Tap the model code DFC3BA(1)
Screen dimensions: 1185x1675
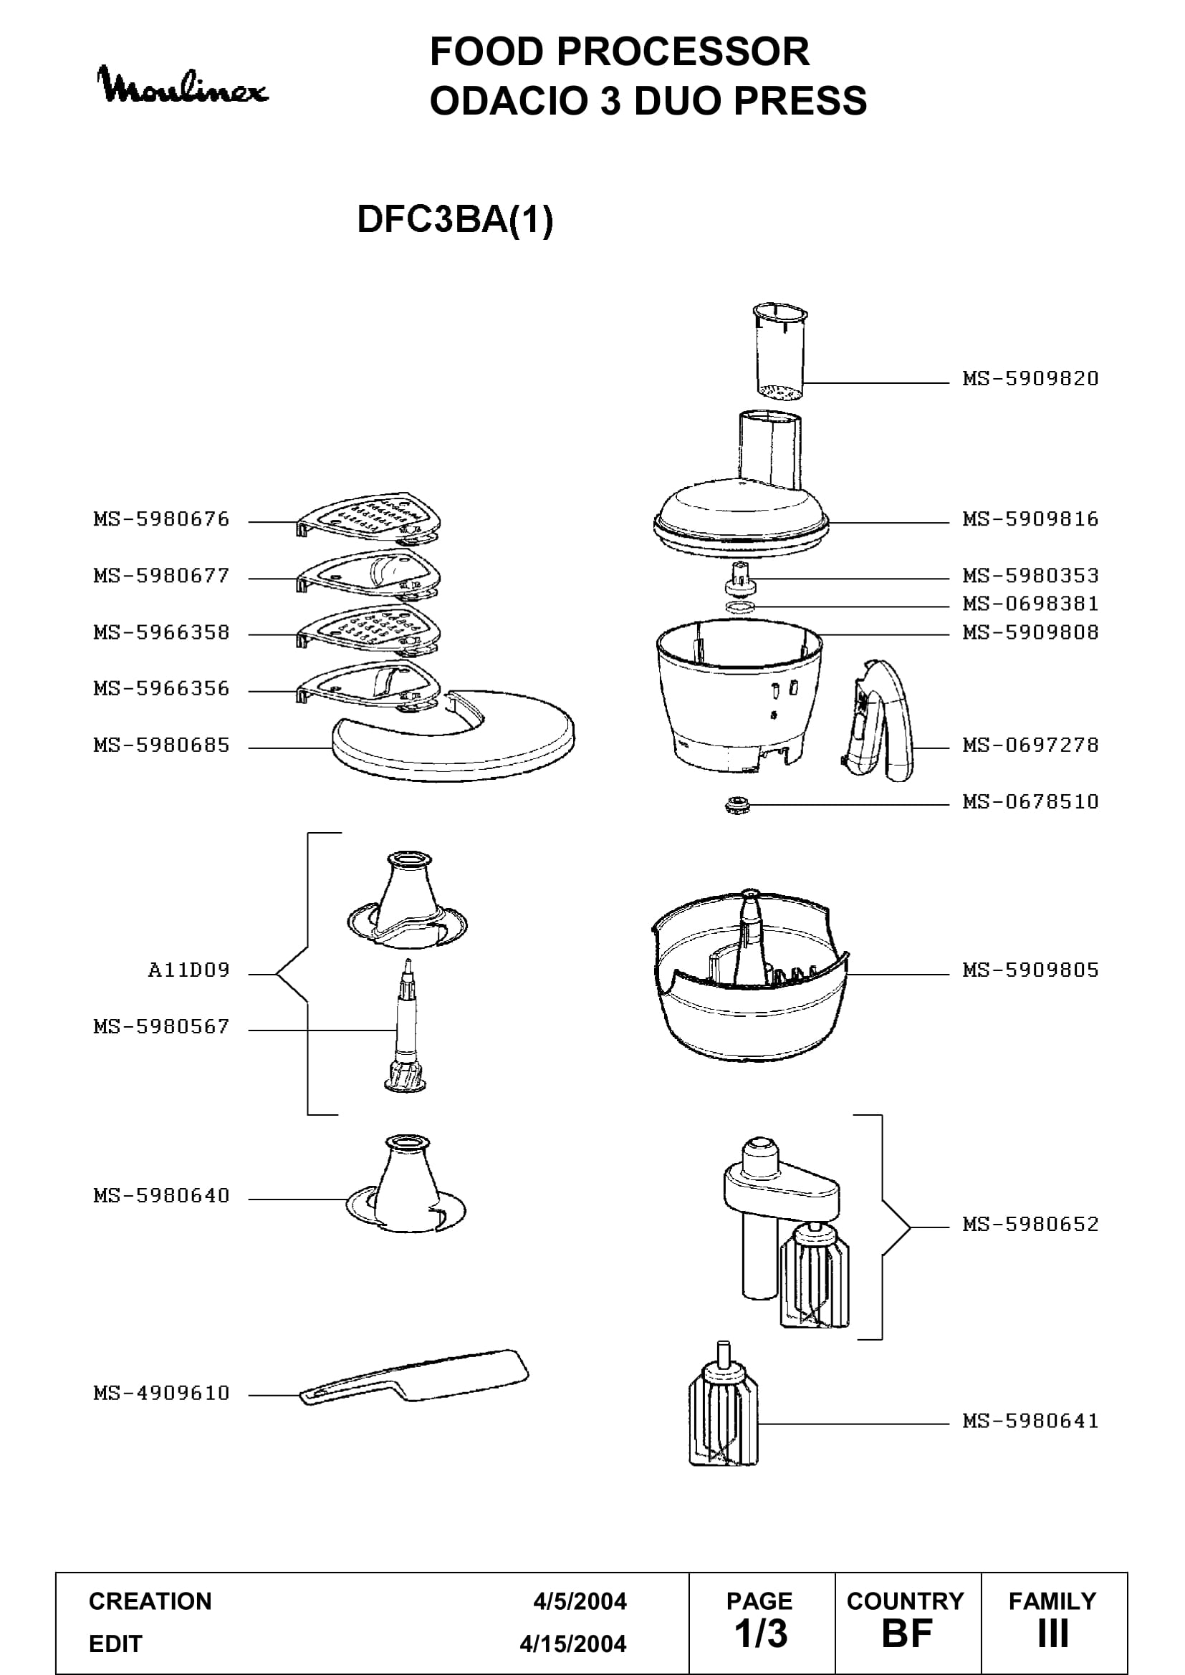click(x=456, y=219)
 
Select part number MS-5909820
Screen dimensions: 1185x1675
click(x=1030, y=378)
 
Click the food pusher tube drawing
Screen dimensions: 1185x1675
click(x=780, y=353)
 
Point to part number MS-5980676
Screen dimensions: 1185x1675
click(x=161, y=518)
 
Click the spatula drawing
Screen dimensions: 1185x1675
click(x=414, y=1377)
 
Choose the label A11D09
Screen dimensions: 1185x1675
click(x=189, y=970)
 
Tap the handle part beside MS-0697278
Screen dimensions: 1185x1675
click(x=878, y=721)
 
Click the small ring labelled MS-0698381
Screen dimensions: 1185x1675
click(x=741, y=607)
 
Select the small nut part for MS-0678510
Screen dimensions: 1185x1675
click(x=737, y=806)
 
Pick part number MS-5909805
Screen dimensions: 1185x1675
click(x=1030, y=970)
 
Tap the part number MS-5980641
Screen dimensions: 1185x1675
click(x=1030, y=1420)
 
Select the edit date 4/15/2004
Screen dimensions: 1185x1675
click(x=573, y=1643)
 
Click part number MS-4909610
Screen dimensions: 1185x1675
click(x=161, y=1393)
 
